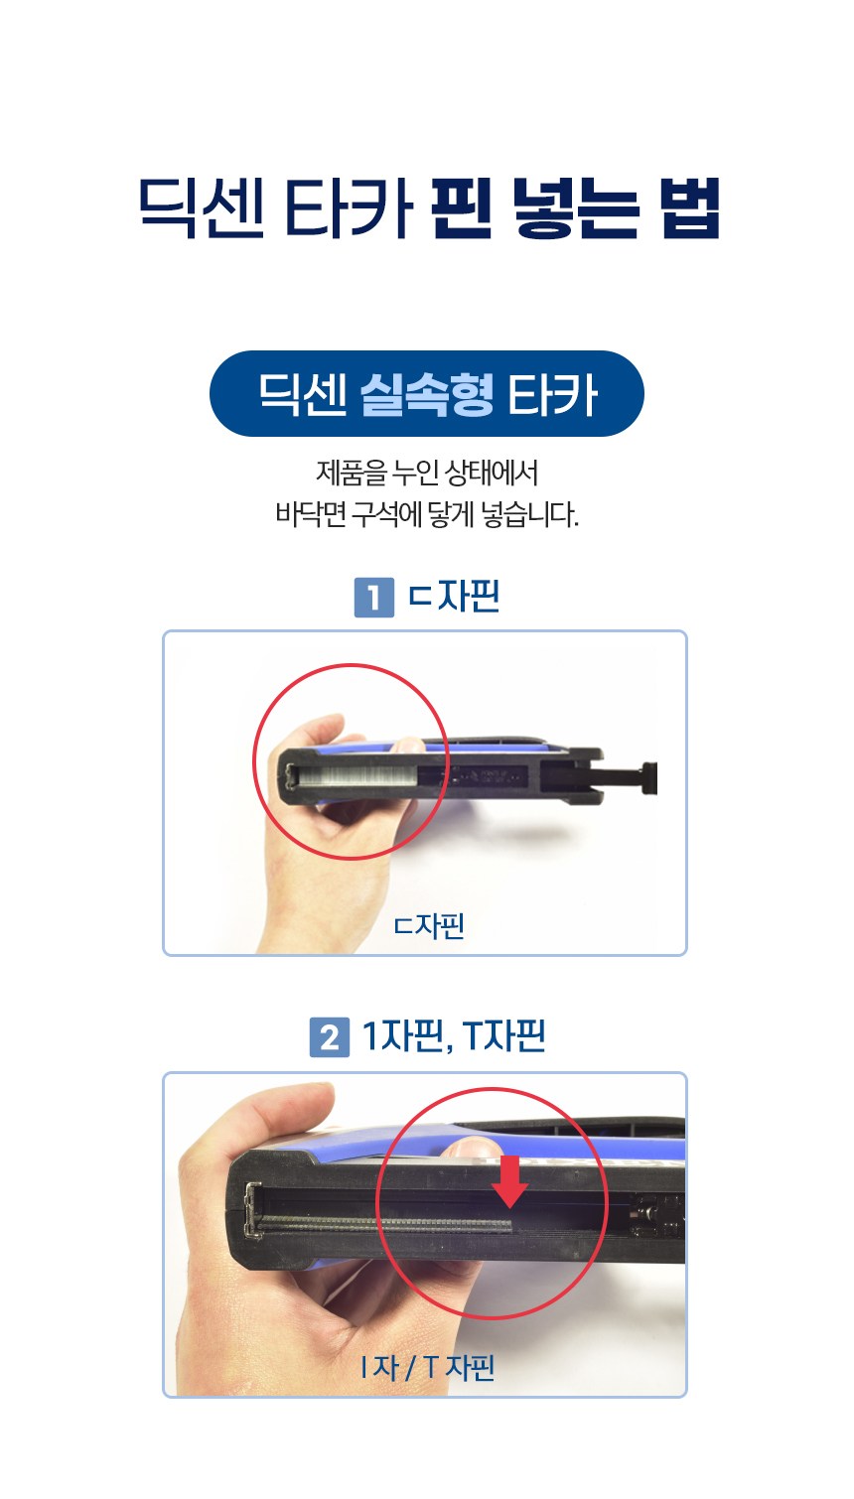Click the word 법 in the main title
[691, 207]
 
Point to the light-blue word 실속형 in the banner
[427, 394]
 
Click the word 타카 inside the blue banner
[552, 395]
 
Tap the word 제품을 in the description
[352, 474]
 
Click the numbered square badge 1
[374, 597]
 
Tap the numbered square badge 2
[330, 1037]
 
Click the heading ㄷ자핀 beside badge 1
[454, 596]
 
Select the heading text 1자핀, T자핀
[454, 1036]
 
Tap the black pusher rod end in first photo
[649, 777]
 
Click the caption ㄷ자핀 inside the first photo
[428, 925]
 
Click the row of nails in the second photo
[385, 1224]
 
